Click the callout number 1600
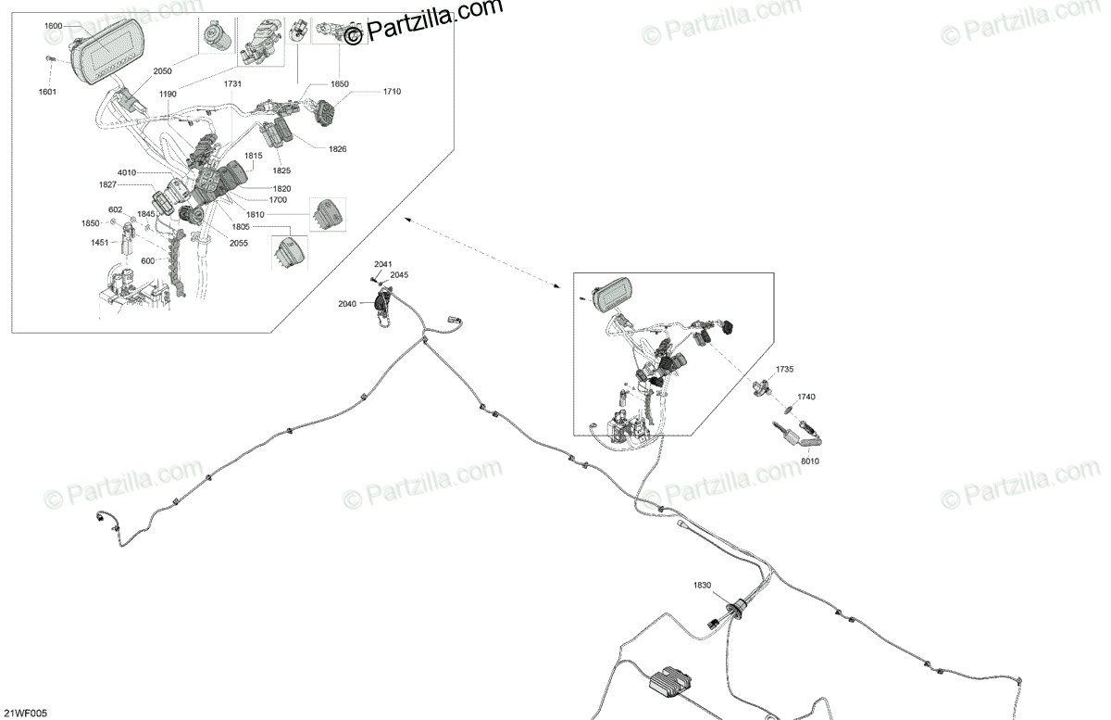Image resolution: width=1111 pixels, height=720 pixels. coord(53,26)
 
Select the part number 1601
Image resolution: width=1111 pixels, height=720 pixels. coord(47,92)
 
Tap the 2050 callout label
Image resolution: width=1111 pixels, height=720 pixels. coord(163,71)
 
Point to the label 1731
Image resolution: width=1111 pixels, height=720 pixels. coord(233,84)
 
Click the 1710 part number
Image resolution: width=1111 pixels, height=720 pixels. coord(392,93)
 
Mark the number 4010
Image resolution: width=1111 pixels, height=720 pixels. coord(127,173)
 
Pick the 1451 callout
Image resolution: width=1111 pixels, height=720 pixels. coord(100,242)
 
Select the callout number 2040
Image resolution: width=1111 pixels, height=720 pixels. coord(347,304)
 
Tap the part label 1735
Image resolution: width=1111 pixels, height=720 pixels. coord(784,369)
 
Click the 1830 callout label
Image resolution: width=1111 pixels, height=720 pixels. coord(703,585)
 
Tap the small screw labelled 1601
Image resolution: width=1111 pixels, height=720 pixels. coord(48,59)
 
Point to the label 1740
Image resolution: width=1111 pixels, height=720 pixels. coord(805,397)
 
